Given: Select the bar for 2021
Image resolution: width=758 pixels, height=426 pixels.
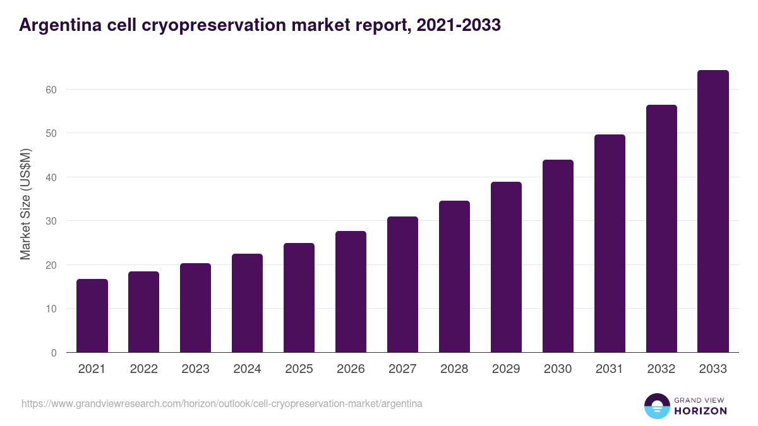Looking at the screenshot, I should click(x=92, y=316).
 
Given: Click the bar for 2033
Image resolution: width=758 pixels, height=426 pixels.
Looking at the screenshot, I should click(x=713, y=211).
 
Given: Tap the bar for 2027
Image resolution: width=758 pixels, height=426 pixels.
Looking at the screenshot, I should click(x=402, y=285).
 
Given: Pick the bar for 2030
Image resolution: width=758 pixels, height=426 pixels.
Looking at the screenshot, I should click(x=558, y=256).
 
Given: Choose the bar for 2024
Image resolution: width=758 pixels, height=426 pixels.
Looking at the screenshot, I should click(x=247, y=303).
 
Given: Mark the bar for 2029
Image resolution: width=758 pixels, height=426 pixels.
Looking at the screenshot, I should click(x=506, y=267).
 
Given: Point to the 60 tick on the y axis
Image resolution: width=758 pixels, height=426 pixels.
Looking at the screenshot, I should click(x=51, y=90).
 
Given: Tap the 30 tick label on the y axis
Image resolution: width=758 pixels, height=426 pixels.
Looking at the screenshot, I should click(x=51, y=221).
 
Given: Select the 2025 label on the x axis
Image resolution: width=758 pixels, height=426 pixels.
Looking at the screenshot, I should click(x=299, y=369).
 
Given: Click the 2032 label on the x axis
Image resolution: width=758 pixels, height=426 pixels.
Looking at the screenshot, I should click(x=661, y=369).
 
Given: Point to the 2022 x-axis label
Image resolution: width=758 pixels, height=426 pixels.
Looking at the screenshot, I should click(x=143, y=369).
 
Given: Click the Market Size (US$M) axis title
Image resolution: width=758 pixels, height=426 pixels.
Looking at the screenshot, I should click(x=25, y=204).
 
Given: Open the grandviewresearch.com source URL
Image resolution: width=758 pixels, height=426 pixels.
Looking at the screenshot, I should click(x=222, y=403).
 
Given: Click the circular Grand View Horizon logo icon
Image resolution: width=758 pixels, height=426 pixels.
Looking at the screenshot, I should click(x=656, y=406).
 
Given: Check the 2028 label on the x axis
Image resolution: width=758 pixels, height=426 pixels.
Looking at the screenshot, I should click(x=454, y=369).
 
